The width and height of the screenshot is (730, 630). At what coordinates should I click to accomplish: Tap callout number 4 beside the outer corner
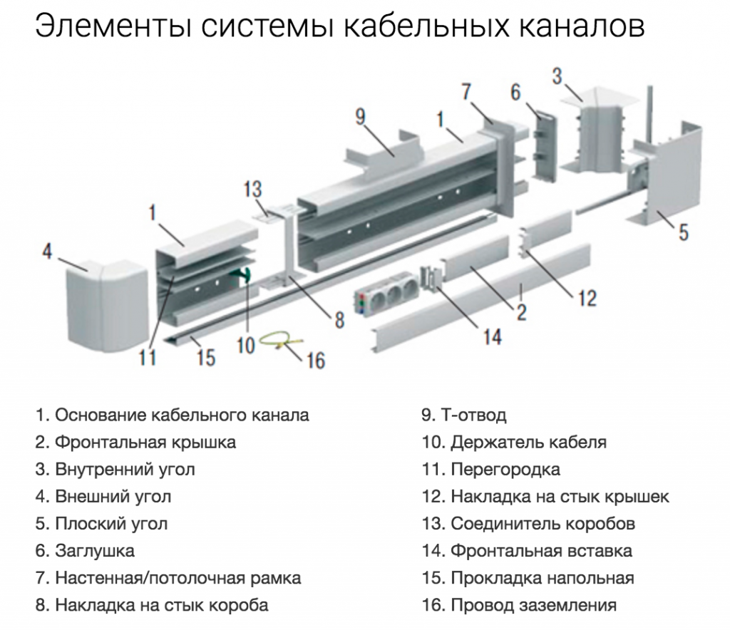click(x=47, y=252)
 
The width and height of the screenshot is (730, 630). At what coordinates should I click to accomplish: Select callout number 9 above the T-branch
click(x=361, y=117)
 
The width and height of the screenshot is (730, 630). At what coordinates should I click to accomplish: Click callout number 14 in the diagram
click(x=493, y=335)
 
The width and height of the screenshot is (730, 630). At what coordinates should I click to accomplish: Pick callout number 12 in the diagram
click(x=587, y=297)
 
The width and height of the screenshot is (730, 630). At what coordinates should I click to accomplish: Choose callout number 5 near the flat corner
click(x=684, y=232)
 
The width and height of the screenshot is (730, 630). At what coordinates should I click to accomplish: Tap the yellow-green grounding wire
click(x=279, y=344)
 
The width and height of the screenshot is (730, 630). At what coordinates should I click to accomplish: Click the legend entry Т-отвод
click(x=464, y=415)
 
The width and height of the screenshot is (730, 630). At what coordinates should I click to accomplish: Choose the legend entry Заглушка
click(x=86, y=551)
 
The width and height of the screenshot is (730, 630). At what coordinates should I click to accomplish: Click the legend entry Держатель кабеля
click(x=515, y=443)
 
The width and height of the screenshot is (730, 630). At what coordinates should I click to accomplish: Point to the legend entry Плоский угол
click(x=102, y=524)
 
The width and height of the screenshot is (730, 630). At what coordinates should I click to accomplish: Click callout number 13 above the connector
click(x=252, y=190)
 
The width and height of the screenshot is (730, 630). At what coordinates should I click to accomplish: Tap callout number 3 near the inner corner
click(x=557, y=76)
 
